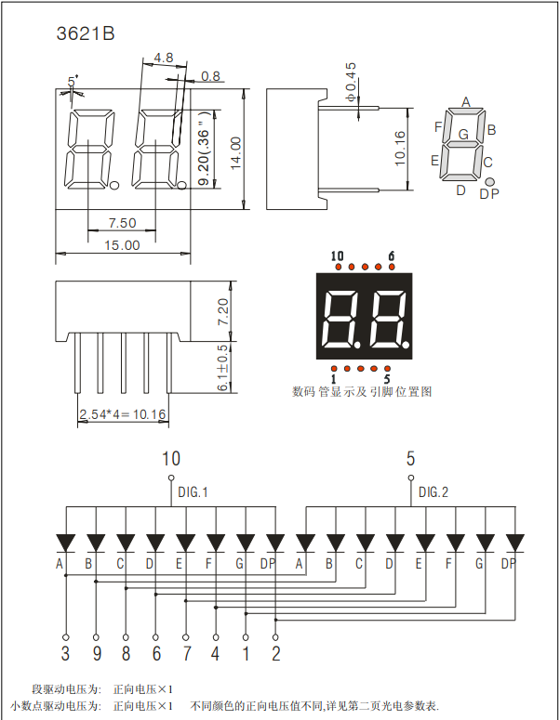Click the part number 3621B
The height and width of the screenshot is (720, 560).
pyautogui.click(x=86, y=34)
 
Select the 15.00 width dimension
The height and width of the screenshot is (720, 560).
pyautogui.click(x=122, y=245)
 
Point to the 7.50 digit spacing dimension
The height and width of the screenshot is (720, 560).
pyautogui.click(x=122, y=223)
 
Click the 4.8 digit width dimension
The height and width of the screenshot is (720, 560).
pyautogui.click(x=163, y=58)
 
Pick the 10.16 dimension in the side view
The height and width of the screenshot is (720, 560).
pyautogui.click(x=400, y=148)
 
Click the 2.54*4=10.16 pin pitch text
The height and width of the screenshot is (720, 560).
pyautogui.click(x=122, y=414)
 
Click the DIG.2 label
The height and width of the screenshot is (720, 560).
pyautogui.click(x=433, y=492)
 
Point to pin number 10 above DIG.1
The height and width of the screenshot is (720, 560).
pyautogui.click(x=171, y=458)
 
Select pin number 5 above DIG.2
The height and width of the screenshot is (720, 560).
pyautogui.click(x=410, y=458)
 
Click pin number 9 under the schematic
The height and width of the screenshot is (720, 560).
pyautogui.click(x=95, y=654)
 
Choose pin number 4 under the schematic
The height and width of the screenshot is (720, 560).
pyautogui.click(x=216, y=654)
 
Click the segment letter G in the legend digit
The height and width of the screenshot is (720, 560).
pyautogui.click(x=463, y=135)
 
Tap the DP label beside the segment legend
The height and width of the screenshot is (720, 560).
pyautogui.click(x=489, y=193)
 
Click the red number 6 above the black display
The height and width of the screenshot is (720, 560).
pyautogui.click(x=392, y=256)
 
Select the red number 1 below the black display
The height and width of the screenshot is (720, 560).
pyautogui.click(x=333, y=380)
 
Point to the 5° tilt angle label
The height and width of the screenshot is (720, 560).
pyautogui.click(x=73, y=80)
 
